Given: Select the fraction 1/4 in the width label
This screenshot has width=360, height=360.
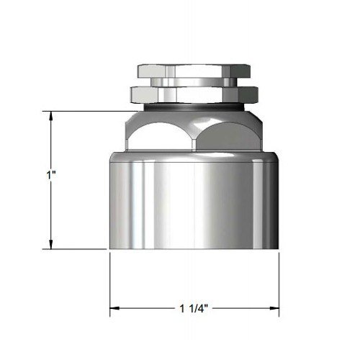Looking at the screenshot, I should pos(202,310).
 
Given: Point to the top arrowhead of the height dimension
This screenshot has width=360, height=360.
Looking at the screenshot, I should pos(50,115).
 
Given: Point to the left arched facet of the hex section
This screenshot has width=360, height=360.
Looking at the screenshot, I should pos(162,133).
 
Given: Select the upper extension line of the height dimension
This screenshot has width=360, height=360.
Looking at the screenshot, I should pos(86,111).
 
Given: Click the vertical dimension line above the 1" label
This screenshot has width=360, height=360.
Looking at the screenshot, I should pos(50,144).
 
